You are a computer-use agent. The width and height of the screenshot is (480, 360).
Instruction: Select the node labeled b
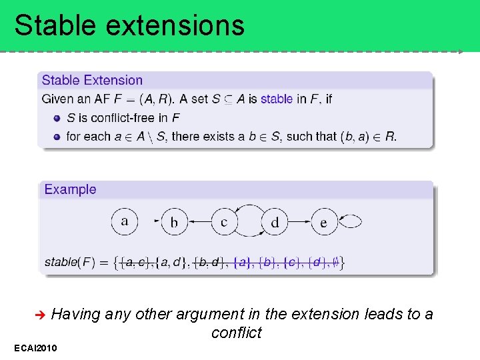click(174, 222)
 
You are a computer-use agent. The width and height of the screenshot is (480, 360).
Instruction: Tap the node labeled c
click(224, 222)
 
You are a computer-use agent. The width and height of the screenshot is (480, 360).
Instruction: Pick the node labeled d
click(274, 222)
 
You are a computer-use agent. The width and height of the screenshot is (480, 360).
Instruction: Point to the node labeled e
click(324, 222)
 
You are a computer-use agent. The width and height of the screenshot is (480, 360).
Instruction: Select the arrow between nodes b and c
click(199, 222)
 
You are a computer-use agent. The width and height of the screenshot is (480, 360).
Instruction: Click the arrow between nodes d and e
click(299, 222)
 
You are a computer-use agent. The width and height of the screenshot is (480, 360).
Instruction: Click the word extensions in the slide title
click(175, 25)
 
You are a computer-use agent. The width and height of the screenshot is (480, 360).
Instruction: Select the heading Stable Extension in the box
click(92, 81)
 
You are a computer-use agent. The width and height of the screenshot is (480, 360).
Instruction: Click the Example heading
click(70, 189)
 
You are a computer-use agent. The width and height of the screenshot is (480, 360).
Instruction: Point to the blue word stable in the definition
click(276, 99)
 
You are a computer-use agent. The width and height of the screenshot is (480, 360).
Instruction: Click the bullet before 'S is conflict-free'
click(57, 118)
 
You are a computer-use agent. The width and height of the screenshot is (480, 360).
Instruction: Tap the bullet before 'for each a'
click(57, 137)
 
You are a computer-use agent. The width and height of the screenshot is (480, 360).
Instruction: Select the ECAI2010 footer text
click(35, 348)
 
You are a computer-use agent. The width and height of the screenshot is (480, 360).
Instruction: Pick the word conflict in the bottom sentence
click(237, 333)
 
